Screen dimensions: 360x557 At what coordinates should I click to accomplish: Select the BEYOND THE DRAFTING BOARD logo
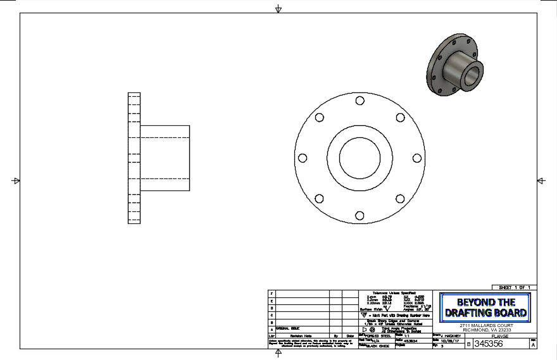[485, 307]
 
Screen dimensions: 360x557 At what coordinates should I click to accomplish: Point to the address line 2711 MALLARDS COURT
[486, 325]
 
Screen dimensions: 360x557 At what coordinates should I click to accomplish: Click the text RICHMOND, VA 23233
[486, 330]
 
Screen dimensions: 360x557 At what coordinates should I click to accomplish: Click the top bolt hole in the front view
[359, 100]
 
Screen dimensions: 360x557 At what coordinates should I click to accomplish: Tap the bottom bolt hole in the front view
[359, 215]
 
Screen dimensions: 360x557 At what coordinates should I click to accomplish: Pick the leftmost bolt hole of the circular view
[301, 158]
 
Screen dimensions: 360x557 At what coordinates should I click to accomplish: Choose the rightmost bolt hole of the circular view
[416, 158]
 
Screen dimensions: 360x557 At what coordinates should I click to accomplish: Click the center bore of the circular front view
[359, 158]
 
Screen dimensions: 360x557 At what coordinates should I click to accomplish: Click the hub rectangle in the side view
[165, 158]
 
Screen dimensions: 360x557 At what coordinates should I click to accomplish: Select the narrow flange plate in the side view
[134, 158]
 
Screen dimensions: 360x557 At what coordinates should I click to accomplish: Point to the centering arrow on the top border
[278, 9]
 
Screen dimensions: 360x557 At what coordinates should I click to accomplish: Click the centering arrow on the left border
[16, 181]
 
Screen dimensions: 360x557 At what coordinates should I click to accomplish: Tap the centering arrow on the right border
[541, 181]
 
